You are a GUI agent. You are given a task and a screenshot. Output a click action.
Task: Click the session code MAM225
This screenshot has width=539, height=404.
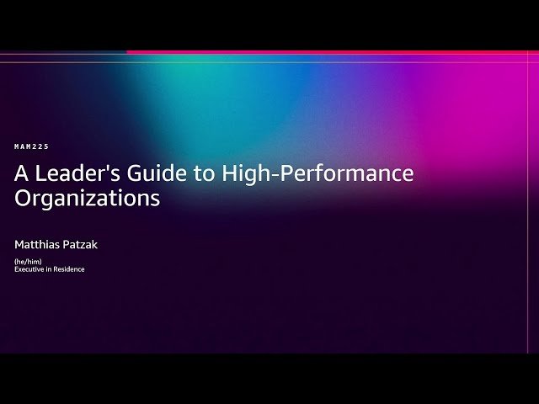tap(32, 146)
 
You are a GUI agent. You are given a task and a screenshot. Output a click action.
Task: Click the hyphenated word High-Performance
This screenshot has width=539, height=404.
tap(318, 174)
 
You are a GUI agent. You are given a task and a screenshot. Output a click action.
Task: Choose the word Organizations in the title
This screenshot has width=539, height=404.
tap(87, 199)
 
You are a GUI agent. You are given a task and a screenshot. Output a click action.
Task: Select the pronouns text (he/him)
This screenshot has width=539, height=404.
tap(28, 262)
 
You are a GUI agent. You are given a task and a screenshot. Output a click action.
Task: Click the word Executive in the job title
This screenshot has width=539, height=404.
tap(30, 269)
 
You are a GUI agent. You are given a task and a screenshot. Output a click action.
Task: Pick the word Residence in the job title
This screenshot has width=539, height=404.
tap(69, 269)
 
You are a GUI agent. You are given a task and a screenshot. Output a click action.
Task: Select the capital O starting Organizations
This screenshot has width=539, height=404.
tap(23, 199)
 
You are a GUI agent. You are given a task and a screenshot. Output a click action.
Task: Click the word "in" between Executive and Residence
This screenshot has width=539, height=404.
tap(51, 269)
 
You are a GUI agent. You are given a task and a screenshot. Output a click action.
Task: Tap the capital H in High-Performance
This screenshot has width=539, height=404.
tap(230, 174)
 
